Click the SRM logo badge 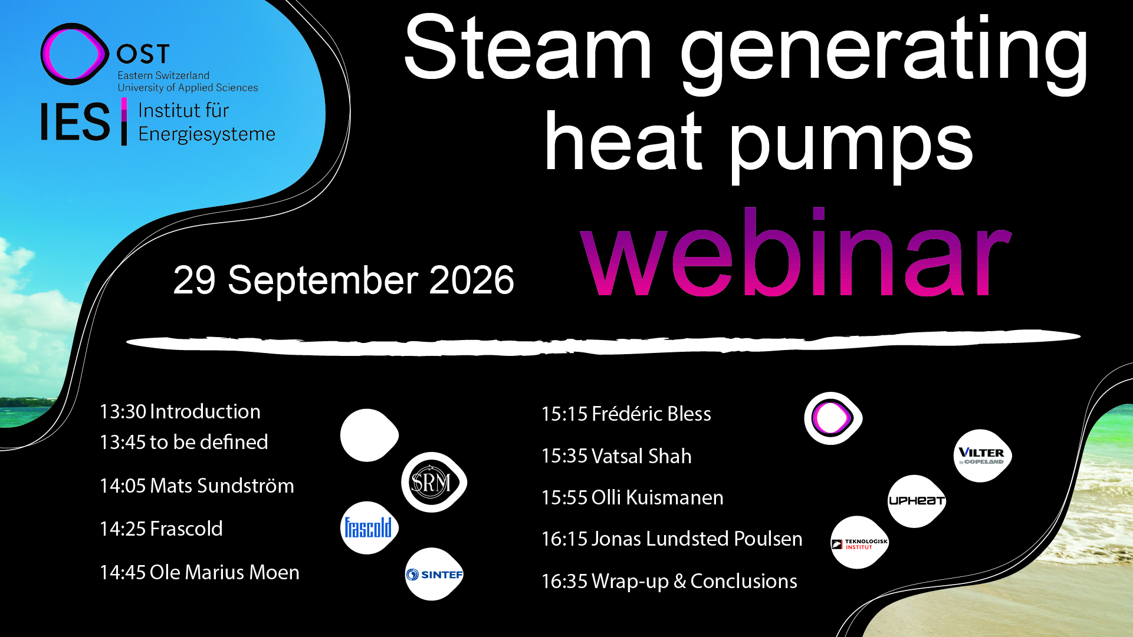click(x=434, y=482)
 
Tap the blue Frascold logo click(x=369, y=528)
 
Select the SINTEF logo click(x=434, y=574)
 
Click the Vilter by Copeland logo click(x=983, y=456)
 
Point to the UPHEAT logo click(x=917, y=501)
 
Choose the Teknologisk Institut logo click(x=859, y=543)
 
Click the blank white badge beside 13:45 click(x=370, y=435)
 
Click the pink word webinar click(x=796, y=252)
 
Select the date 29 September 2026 click(x=344, y=279)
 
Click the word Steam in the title click(x=528, y=48)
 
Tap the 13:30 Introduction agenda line click(x=180, y=411)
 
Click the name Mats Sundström click(x=222, y=486)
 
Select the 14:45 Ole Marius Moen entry click(x=199, y=572)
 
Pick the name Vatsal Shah click(x=641, y=456)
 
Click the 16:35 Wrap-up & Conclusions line click(x=669, y=581)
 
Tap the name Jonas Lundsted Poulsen click(x=697, y=539)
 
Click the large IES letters click(x=75, y=122)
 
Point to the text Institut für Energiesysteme click(x=206, y=122)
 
